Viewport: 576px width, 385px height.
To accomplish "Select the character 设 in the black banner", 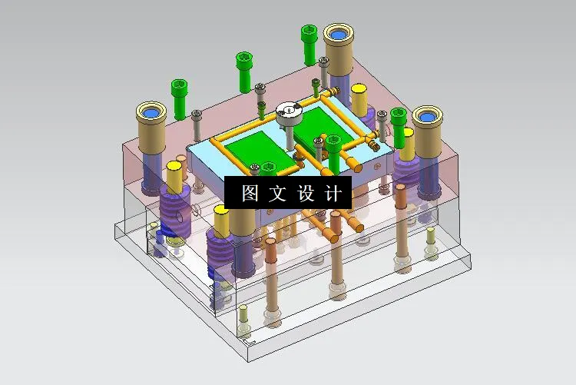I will coord(305,193).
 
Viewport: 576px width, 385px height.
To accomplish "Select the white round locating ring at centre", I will coord(288,113).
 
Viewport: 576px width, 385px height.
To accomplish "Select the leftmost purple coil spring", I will coord(175,214).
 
